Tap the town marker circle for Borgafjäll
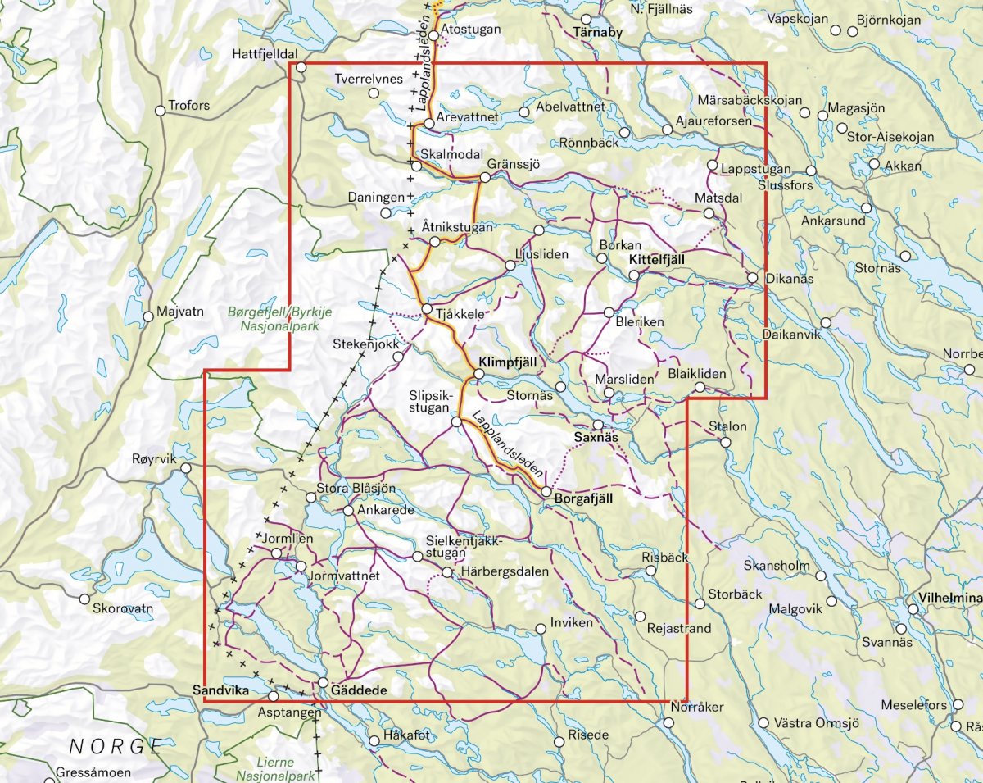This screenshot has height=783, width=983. pos(546,491)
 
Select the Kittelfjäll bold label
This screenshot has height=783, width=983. pos(656,260)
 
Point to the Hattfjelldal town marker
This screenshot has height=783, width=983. pos(301,67)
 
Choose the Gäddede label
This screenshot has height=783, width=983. pos(359,692)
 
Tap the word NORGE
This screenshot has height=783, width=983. pos(116,746)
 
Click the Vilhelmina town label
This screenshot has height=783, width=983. pos(950,599)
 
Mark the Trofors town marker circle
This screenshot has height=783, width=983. pos(161,112)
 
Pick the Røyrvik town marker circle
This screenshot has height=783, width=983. pos(187,468)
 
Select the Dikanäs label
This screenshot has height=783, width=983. pos(790,280)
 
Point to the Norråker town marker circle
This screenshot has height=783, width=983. pos(668,723)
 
